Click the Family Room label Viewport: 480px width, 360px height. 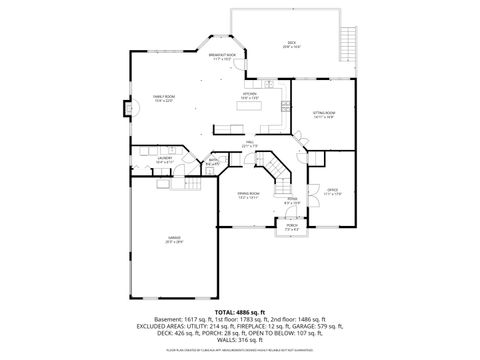[x=162, y=97]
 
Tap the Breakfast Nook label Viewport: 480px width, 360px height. [x=222, y=56]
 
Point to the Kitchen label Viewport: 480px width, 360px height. [x=250, y=97]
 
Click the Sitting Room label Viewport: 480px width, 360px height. [x=323, y=115]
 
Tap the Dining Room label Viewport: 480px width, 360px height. [x=248, y=195]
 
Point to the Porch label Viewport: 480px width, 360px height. [x=292, y=228]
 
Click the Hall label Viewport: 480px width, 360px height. [x=249, y=146]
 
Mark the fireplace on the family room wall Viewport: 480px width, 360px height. [x=126, y=109]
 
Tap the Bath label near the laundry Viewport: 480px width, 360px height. [x=213, y=161]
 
